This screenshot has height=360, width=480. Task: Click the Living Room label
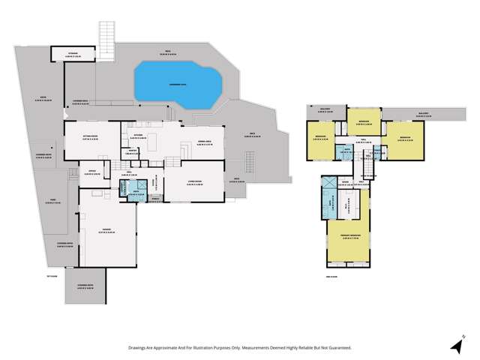coord(194,180)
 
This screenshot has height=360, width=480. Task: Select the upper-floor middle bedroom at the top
coord(362,121)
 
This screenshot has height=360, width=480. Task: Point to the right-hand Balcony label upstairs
coord(422,114)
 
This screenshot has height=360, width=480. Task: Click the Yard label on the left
coord(54,200)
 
